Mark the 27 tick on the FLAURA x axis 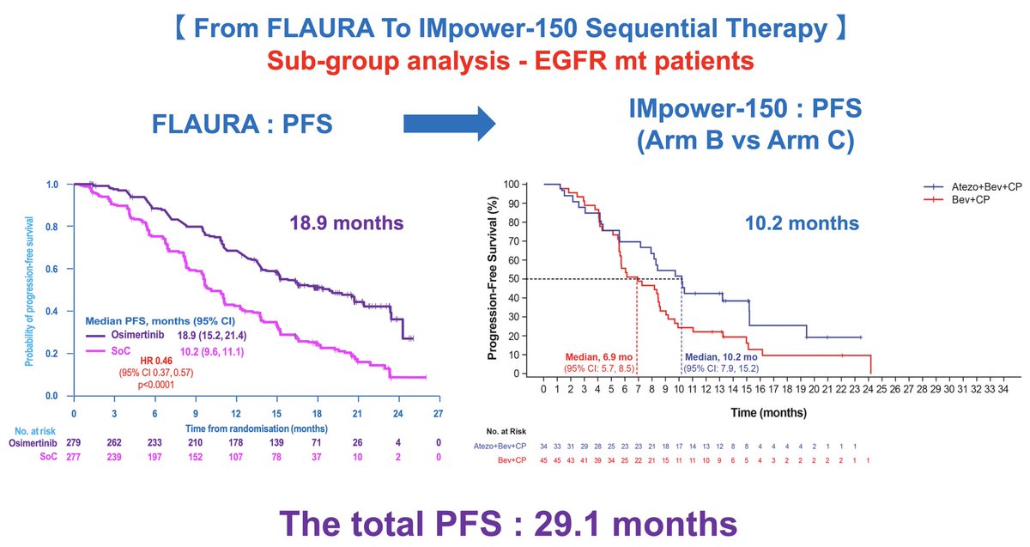tap(438, 412)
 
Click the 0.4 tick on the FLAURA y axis tap(53, 312)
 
